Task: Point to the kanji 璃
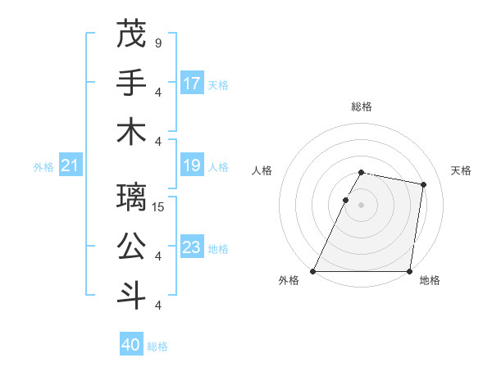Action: [131, 197]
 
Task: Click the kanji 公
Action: [131, 247]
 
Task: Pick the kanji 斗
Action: [131, 296]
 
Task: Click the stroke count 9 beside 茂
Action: [157, 42]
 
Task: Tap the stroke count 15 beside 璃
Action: [159, 206]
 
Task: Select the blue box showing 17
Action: [192, 83]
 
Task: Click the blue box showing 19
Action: [192, 166]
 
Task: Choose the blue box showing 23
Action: [192, 247]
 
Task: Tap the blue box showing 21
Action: [71, 166]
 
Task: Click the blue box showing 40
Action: [131, 345]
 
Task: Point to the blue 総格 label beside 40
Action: [157, 346]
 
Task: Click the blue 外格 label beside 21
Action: [43, 167]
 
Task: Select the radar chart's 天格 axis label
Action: [461, 170]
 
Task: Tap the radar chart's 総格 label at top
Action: [362, 106]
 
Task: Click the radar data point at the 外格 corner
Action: [313, 271]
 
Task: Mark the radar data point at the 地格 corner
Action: [409, 271]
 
